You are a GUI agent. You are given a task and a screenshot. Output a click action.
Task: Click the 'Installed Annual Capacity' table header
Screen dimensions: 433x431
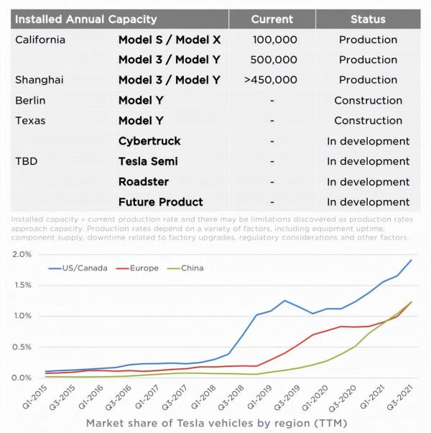coord(85,19)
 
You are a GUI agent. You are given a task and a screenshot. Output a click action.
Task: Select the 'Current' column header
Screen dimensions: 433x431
coord(272,19)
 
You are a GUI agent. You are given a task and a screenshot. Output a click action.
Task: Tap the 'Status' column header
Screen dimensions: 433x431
coord(368,19)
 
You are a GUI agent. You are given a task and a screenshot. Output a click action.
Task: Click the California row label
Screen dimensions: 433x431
coord(40,40)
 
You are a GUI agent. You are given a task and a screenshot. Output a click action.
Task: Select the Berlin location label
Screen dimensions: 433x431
coord(30,100)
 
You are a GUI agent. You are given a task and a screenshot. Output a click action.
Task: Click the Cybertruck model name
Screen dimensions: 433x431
coord(149,141)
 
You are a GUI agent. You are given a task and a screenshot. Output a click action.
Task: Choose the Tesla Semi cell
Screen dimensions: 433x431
coord(148,161)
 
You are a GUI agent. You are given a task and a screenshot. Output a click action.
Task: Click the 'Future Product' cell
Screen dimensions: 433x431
coord(160,202)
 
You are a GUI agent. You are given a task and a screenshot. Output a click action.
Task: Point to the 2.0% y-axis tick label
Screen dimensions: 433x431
coord(23,255)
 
